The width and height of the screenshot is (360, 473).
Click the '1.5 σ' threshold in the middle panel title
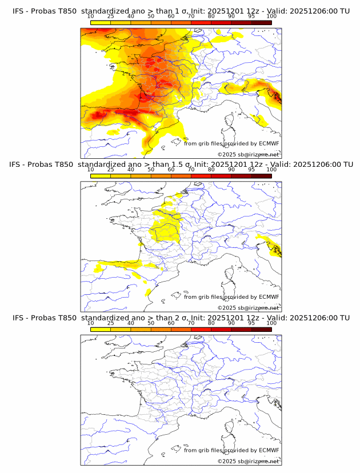(182, 165)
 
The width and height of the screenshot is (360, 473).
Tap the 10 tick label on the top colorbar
(91, 17)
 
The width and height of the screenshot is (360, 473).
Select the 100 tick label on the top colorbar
(271, 17)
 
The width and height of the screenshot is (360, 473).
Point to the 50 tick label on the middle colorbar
(151, 170)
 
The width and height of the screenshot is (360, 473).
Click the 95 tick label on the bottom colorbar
(251, 323)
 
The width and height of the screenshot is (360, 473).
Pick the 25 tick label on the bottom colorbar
(111, 323)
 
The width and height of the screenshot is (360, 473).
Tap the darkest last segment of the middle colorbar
(261, 177)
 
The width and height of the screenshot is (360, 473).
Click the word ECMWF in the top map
(269, 144)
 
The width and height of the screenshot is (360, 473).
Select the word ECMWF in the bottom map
(269, 450)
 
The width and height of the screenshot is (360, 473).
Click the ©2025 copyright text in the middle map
(248, 307)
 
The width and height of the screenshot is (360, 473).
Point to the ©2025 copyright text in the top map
(248, 154)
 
